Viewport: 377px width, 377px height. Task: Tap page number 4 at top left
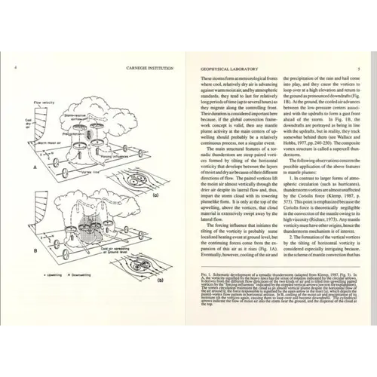(16, 67)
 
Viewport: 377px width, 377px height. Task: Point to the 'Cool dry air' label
(19, 124)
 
